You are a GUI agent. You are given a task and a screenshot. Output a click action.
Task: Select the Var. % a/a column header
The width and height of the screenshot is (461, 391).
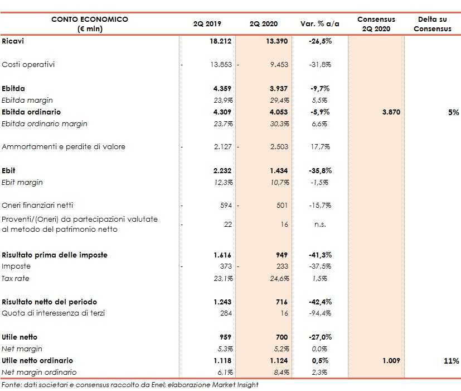pos(320,24)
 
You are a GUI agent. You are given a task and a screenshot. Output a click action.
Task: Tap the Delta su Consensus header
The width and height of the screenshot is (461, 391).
pos(432,24)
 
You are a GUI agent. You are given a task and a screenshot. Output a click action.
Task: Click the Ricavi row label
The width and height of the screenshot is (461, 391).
pos(13,41)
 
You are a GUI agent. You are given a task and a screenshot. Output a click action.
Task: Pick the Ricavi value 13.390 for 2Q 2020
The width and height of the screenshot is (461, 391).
pos(276,41)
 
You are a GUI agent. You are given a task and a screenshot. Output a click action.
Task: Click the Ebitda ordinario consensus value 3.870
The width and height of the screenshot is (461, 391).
pos(391,112)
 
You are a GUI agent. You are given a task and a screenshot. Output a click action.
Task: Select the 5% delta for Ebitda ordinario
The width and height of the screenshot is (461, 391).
pos(454,112)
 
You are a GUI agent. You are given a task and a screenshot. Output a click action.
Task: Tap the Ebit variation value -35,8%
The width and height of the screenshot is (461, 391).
pos(319,171)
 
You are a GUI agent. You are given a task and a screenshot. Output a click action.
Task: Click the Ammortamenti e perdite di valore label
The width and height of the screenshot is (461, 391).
pos(64,147)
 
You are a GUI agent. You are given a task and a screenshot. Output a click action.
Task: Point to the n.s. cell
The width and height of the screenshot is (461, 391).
pos(320,224)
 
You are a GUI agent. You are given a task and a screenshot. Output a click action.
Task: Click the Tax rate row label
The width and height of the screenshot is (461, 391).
pos(16,278)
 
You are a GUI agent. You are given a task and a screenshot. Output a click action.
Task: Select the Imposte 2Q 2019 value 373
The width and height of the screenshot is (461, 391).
pos(224,266)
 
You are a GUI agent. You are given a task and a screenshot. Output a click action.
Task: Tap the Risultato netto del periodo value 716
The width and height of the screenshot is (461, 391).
pos(281,302)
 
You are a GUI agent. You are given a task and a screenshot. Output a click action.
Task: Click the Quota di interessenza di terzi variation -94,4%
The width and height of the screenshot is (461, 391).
pos(319,313)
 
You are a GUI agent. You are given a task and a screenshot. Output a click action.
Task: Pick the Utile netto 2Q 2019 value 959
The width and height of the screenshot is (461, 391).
pos(224,337)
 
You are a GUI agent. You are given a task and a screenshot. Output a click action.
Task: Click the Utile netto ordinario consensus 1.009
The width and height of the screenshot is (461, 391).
pos(391,361)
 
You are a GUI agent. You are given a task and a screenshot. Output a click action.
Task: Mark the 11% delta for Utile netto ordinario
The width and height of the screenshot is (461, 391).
pos(452,361)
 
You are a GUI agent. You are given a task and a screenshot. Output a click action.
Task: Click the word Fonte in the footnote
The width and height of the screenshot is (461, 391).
pos(11,384)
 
